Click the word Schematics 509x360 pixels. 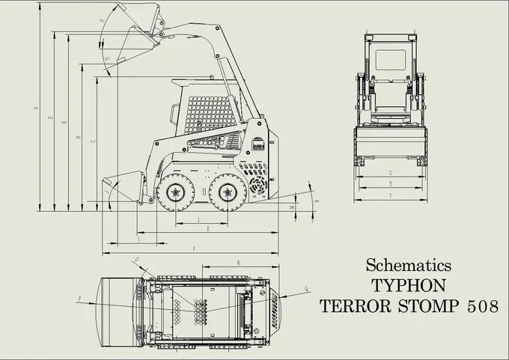pyautogui.click(x=408, y=265)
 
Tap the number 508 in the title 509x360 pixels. pyautogui.click(x=472, y=306)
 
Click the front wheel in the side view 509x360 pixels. pyautogui.click(x=174, y=193)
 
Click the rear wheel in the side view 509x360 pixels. pyautogui.click(x=228, y=193)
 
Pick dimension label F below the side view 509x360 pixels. pyautogui.click(x=194, y=248)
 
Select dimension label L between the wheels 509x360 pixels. pyautogui.click(x=198, y=219)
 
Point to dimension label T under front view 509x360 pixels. pyautogui.click(x=391, y=196)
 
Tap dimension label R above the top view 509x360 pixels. pyautogui.click(x=237, y=263)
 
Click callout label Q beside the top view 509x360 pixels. pyautogui.click(x=306, y=288)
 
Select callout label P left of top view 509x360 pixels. pyautogui.click(x=80, y=299)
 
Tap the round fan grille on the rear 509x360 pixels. pyautogui.click(x=259, y=183)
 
